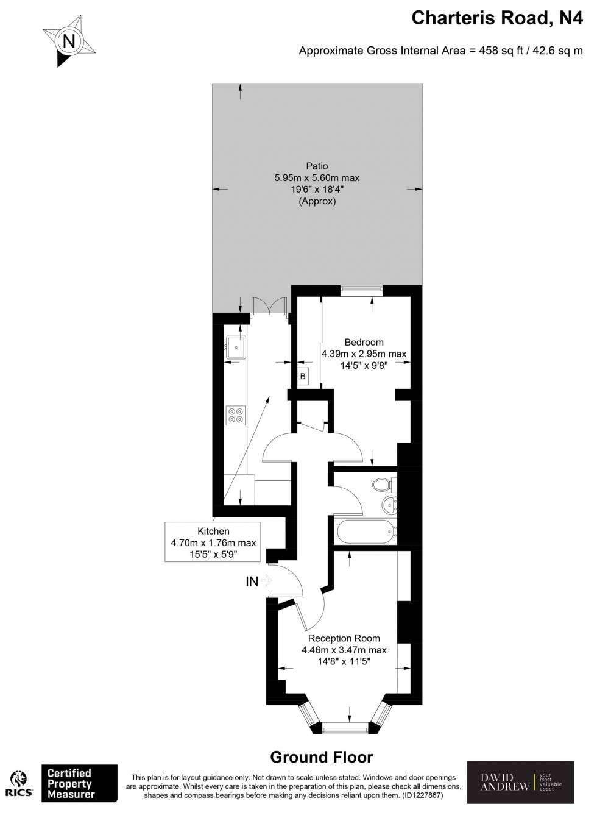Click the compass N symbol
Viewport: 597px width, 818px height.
click(x=69, y=42)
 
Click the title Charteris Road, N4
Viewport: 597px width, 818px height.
click(x=497, y=18)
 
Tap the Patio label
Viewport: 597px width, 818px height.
click(x=317, y=166)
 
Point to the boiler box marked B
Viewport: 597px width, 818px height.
click(x=303, y=377)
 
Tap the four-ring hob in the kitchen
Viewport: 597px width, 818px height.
click(x=236, y=415)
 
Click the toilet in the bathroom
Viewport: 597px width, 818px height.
click(x=384, y=485)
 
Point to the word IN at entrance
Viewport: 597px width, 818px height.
click(x=252, y=581)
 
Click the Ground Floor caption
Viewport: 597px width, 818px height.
click(x=321, y=757)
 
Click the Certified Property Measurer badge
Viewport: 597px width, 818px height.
click(x=79, y=784)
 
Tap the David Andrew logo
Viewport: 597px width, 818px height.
click(x=520, y=782)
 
